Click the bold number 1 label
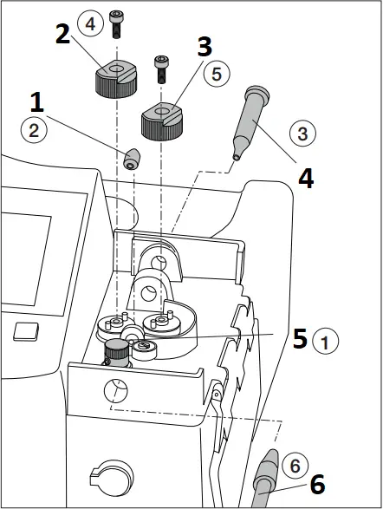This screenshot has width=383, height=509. [x=37, y=102]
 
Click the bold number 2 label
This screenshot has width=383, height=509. [x=62, y=34]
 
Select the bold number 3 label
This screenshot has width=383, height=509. [x=205, y=47]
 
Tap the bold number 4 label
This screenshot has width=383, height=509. [x=306, y=179]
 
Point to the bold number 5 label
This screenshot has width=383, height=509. [x=300, y=338]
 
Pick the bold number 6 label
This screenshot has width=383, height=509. [x=317, y=484]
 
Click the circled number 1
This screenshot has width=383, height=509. [x=325, y=341]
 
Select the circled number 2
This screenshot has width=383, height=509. [x=34, y=130]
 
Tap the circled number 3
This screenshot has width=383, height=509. [x=302, y=134]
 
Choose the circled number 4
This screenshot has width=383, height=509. [x=90, y=23]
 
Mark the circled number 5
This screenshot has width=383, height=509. [x=217, y=74]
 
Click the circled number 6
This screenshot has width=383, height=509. [x=295, y=466]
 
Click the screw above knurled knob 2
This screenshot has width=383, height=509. [x=116, y=24]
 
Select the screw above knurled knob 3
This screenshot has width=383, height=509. [x=161, y=69]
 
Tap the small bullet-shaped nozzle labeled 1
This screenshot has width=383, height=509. [x=132, y=159]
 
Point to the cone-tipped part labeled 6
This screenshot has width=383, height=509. [x=267, y=478]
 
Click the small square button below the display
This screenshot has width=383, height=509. [x=26, y=331]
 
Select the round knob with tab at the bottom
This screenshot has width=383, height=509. [x=112, y=478]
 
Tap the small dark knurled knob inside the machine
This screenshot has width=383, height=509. [x=116, y=353]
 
